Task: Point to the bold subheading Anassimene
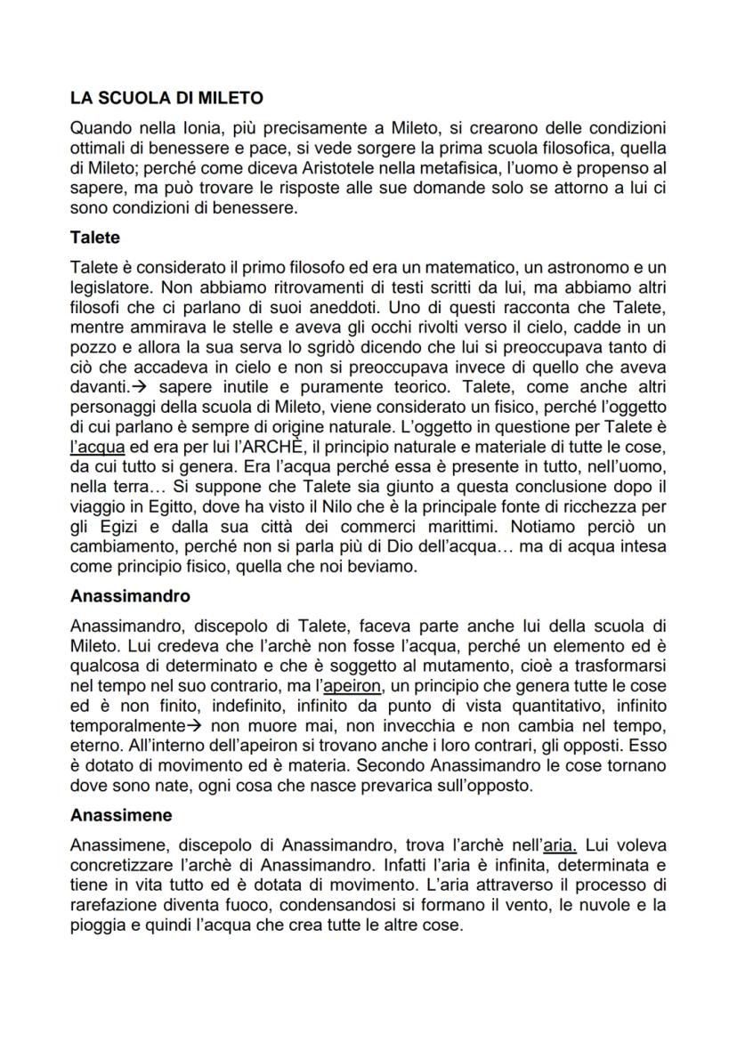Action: [x=121, y=814]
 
